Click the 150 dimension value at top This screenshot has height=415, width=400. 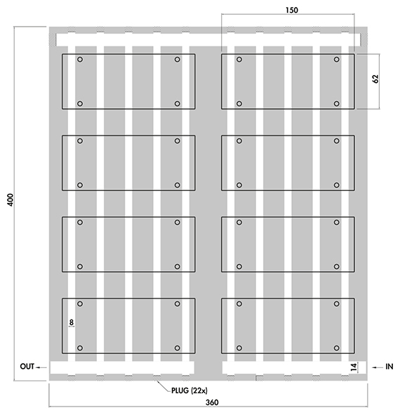(x=292, y=10)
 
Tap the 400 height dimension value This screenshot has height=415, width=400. (x=10, y=200)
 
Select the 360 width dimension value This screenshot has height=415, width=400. (x=212, y=402)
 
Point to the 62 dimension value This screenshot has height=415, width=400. (x=375, y=79)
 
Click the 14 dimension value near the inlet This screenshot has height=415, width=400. (x=354, y=367)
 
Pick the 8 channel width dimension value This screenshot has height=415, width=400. (x=71, y=322)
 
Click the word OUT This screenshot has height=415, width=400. (x=27, y=367)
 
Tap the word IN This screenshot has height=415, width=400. (x=389, y=367)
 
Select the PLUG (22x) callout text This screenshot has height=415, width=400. (x=189, y=390)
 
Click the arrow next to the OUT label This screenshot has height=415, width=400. (x=41, y=367)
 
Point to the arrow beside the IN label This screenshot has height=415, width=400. (x=378, y=367)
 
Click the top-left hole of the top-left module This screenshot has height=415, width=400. (x=80, y=59)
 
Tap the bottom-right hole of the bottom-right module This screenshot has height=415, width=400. (x=337, y=348)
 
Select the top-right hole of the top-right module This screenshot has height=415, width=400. (x=337, y=59)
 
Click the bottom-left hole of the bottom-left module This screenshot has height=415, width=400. (x=80, y=348)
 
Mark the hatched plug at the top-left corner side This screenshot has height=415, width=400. (x=53, y=40)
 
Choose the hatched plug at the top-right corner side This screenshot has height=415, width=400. (x=364, y=40)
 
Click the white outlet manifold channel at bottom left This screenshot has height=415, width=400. (x=122, y=368)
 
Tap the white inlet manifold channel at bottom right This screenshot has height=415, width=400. (x=294, y=368)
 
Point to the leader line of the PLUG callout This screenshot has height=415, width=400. (x=164, y=386)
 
